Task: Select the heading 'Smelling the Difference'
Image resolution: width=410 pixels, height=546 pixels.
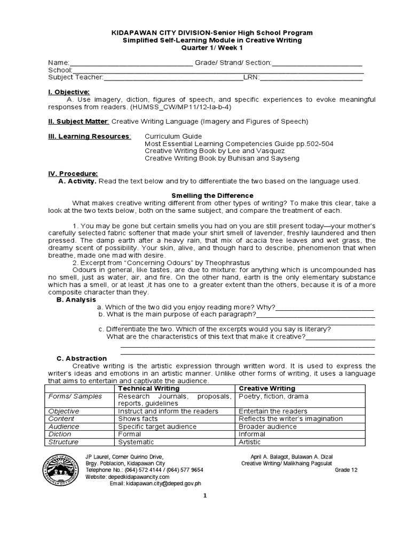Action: coord(211,196)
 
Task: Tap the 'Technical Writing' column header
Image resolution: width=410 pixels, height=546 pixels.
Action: coord(147,389)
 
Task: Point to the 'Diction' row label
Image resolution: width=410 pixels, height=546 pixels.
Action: coord(59,434)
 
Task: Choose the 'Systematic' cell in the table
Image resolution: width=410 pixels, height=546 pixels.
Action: coord(136,442)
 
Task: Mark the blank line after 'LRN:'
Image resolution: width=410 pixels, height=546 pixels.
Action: coord(311,77)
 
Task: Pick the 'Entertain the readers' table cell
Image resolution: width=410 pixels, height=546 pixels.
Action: coord(273,411)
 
